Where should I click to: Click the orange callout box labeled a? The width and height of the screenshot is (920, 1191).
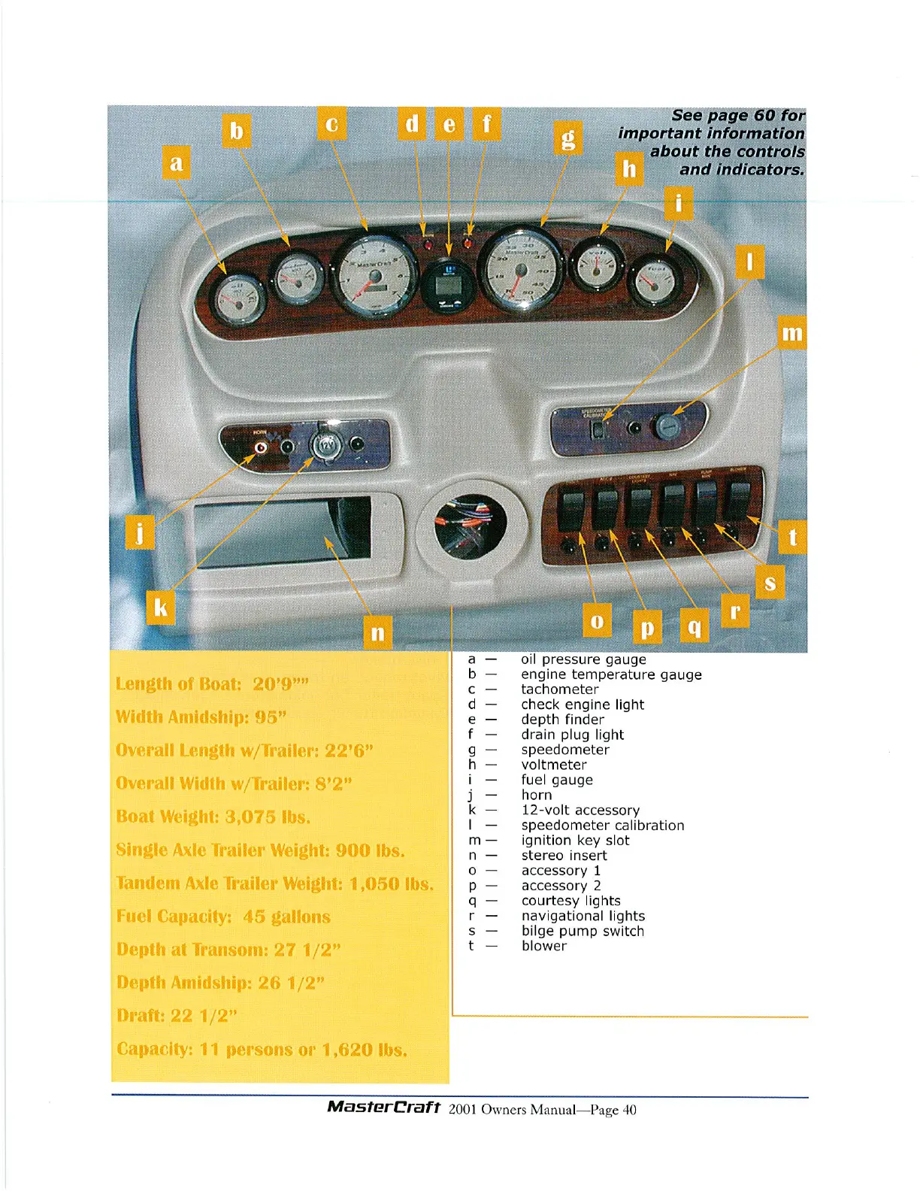click(176, 162)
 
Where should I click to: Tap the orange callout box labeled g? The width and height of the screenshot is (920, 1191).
click(569, 138)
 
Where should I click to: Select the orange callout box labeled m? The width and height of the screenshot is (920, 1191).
click(792, 332)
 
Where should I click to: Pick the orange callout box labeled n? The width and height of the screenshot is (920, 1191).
click(377, 632)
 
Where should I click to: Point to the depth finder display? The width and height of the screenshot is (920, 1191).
click(448, 286)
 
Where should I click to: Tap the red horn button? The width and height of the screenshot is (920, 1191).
click(261, 447)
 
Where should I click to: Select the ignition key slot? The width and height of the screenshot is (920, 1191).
click(665, 426)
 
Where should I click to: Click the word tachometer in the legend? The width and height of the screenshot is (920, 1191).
click(560, 689)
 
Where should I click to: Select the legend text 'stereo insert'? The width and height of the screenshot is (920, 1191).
click(564, 856)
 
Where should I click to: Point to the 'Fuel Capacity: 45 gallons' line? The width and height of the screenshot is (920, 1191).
click(223, 917)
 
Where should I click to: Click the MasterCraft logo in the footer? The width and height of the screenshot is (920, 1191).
click(383, 1108)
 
